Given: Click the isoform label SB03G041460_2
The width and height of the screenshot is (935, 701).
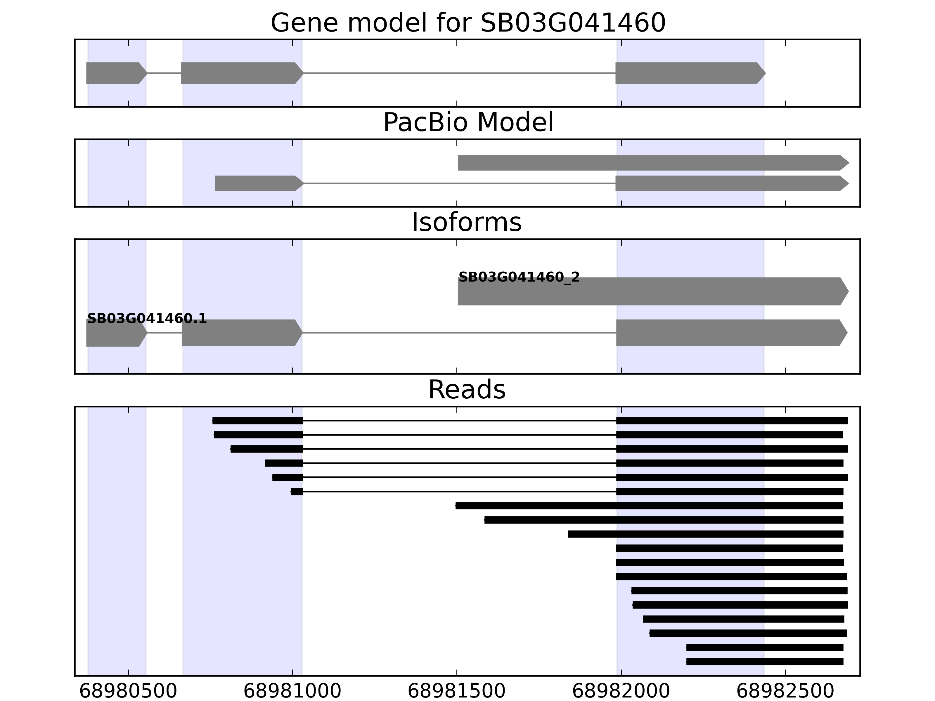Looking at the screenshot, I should coord(519,277).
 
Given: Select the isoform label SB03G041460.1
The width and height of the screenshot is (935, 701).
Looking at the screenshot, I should coord(147,319).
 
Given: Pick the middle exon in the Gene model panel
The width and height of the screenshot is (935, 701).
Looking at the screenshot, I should coord(241,73).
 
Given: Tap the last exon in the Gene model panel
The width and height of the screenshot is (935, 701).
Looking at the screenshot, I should coord(689,73).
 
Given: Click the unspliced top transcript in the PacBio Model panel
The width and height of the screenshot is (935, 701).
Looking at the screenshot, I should coord(651,163).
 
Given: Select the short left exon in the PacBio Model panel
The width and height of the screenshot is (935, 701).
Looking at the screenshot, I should coord(258,183).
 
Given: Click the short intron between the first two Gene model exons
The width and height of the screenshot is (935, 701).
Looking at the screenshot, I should coord(164,73).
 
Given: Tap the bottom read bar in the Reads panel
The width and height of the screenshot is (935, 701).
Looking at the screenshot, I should coord(765,662).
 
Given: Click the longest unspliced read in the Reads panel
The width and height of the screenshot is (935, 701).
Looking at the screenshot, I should coord(649,506).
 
